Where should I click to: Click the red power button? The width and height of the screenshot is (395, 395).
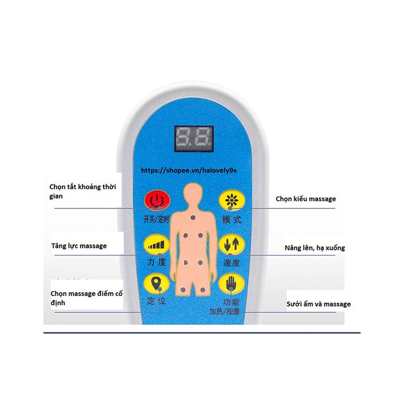coord(157,201)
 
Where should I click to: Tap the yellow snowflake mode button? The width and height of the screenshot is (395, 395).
coord(231,201)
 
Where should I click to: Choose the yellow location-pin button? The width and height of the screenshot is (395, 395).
coord(157,284)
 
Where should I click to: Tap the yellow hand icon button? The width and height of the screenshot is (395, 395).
coord(231,284)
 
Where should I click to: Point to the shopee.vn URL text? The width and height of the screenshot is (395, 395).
coord(189,170)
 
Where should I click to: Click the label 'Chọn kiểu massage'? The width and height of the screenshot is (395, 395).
coord(306,199)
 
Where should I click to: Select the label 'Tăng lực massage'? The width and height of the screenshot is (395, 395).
coord(79,245)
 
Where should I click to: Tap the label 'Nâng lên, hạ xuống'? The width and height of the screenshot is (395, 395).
coord(315,248)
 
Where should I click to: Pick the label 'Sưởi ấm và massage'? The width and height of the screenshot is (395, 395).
coord(318,304)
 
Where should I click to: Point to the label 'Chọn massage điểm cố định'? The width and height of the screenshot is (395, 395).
coord(86,298)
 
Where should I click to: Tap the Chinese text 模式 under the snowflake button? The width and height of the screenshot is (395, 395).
coord(231,219)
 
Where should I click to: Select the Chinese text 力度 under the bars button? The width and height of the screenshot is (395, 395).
coord(156,262)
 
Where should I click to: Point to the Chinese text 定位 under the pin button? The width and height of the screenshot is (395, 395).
coord(156,301)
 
